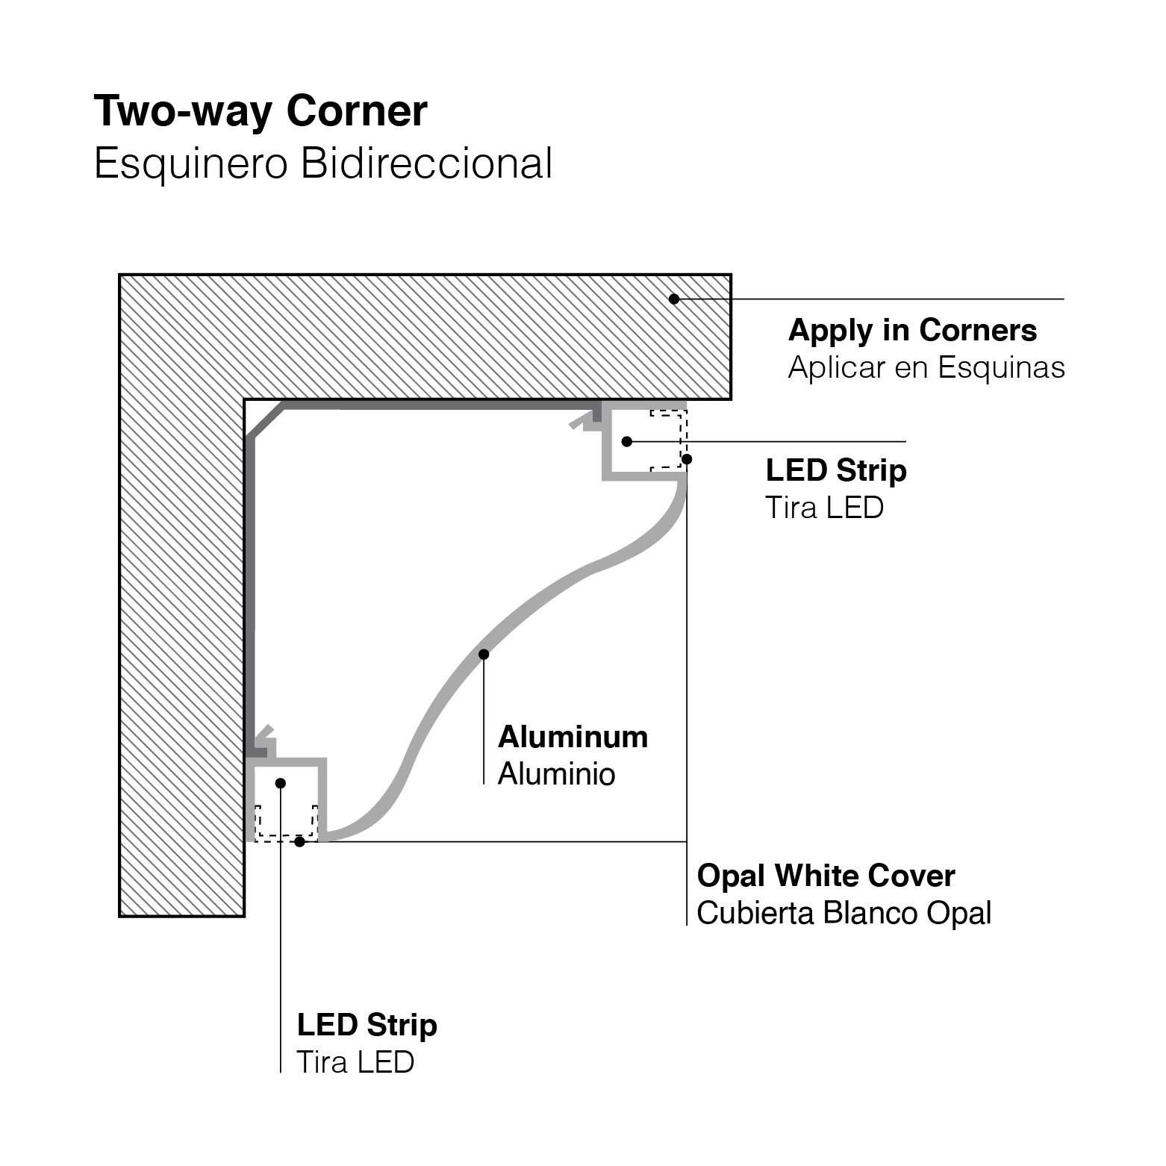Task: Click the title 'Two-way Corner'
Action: tap(260, 112)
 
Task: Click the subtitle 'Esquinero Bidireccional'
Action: tap(322, 163)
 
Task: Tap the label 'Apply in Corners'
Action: tap(912, 330)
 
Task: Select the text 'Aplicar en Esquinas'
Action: tap(926, 367)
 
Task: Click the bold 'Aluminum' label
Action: tap(573, 737)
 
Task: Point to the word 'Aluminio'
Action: tap(556, 774)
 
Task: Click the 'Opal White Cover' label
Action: tap(826, 876)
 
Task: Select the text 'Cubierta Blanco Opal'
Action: tap(844, 913)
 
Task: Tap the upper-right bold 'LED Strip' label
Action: tap(836, 470)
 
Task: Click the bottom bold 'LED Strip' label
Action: tap(367, 1025)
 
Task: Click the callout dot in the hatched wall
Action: tap(674, 299)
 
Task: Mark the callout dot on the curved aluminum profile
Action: tap(484, 655)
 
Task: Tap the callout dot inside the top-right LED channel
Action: tap(627, 442)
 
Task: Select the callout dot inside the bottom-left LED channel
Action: tap(281, 783)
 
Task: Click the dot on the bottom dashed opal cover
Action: tap(299, 841)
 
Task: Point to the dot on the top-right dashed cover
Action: tap(687, 459)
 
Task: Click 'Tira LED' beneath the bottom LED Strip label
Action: tap(355, 1062)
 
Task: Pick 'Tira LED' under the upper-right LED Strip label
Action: tap(824, 508)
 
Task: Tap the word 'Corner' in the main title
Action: tap(357, 112)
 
